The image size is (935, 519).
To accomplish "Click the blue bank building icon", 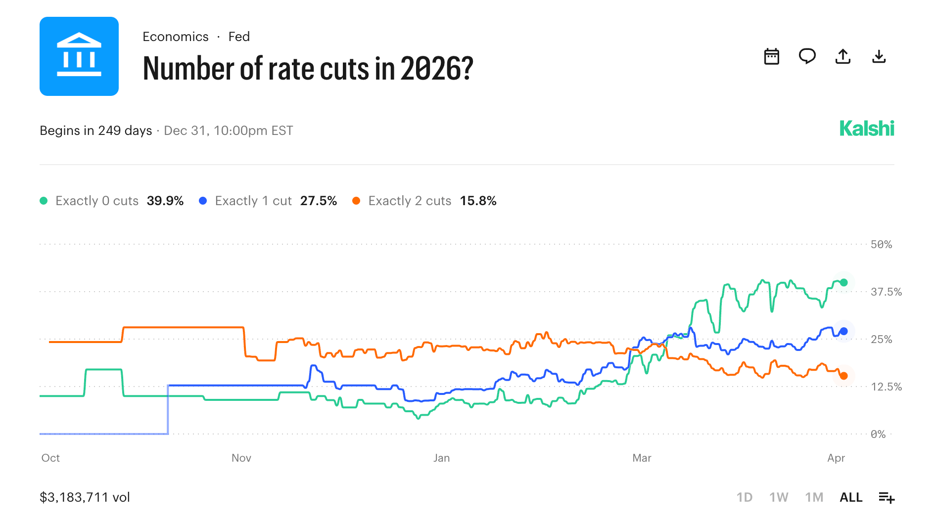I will (x=79, y=56).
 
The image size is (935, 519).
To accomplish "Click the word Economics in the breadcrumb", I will (x=175, y=37).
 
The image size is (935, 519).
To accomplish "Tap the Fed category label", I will (x=239, y=37).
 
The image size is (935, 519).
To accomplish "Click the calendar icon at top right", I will (x=771, y=56).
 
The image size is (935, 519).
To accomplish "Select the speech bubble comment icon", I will (x=807, y=56).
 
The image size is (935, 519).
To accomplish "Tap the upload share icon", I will (x=842, y=56).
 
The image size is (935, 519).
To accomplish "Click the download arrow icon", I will (x=879, y=56).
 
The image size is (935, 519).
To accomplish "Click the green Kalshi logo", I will (x=866, y=129).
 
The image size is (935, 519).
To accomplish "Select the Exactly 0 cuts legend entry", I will (x=96, y=201).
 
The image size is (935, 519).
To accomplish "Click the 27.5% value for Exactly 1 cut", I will (x=318, y=201).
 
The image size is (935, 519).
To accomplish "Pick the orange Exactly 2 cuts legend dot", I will (x=356, y=201).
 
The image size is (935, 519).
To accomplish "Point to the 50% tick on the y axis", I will (x=881, y=244).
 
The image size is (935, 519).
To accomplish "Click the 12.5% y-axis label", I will (x=886, y=387).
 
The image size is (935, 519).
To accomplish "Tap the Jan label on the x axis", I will (x=441, y=458).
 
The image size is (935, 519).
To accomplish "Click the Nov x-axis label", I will (x=241, y=458).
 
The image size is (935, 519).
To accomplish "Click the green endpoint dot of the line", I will (x=843, y=283).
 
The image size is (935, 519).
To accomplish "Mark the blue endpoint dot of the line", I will (x=843, y=331).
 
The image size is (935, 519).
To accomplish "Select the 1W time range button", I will (x=778, y=497).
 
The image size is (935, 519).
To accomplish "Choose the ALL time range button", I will (x=850, y=497).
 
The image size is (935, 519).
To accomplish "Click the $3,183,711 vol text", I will (x=85, y=497).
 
